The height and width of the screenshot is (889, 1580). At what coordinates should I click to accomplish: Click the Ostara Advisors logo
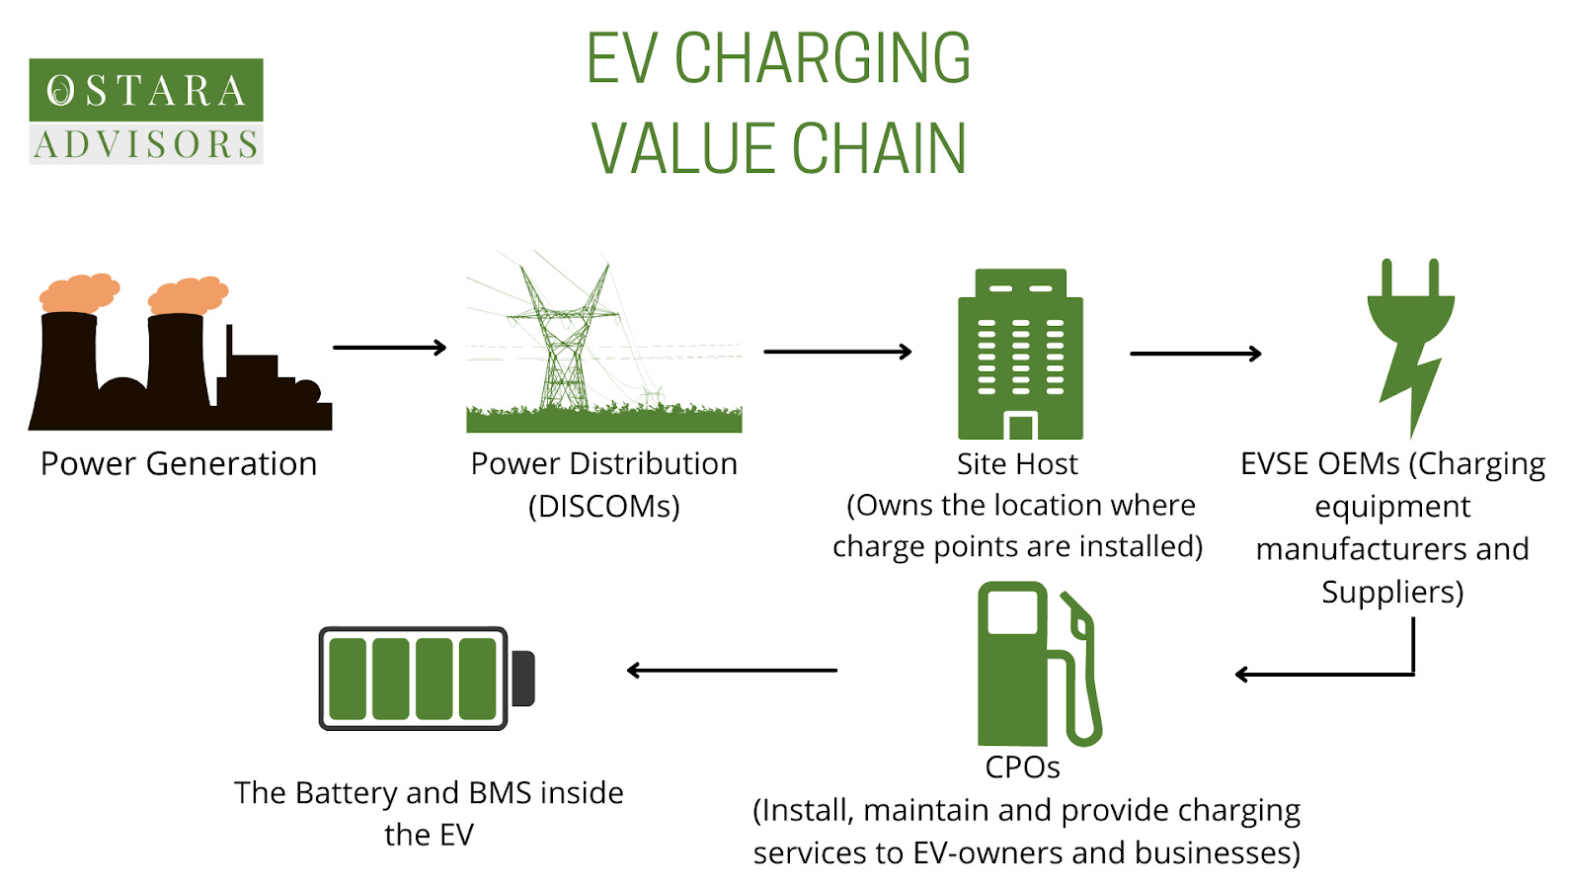146,111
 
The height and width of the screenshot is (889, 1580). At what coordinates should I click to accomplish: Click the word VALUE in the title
685,150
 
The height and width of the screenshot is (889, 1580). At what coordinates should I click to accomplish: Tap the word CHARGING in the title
823,59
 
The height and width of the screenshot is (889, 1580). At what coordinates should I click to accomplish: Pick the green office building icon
1020,354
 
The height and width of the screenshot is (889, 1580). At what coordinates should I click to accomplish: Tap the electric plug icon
1410,341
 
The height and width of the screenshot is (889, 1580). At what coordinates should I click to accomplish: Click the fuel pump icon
1037,664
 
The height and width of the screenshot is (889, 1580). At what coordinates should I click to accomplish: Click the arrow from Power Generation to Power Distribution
389,348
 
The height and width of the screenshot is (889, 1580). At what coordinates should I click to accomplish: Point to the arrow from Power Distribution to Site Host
836,352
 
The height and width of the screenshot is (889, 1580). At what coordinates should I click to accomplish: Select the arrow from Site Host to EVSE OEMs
1195,354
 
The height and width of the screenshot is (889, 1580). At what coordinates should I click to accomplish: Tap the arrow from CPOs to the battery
732,671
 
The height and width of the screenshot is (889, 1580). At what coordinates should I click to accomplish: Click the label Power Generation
179,463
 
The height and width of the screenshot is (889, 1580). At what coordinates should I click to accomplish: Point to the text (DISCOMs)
603,506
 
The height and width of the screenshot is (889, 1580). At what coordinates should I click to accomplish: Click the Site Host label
1017,463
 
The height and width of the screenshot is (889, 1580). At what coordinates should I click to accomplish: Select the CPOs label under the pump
1022,768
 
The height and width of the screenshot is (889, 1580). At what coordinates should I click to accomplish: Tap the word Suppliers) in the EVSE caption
1392,592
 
